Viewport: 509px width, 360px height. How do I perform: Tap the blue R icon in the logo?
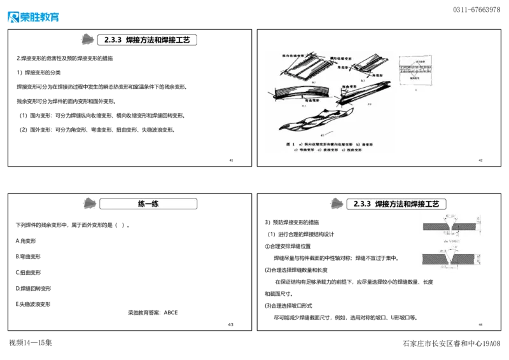point(13,17)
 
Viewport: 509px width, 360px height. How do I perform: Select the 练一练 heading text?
point(148,204)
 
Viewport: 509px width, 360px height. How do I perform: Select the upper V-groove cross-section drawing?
point(452,226)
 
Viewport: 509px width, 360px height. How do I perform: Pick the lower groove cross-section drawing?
point(452,258)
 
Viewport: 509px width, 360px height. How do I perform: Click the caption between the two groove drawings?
point(452,242)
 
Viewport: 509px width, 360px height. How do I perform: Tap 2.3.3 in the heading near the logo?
point(113,39)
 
